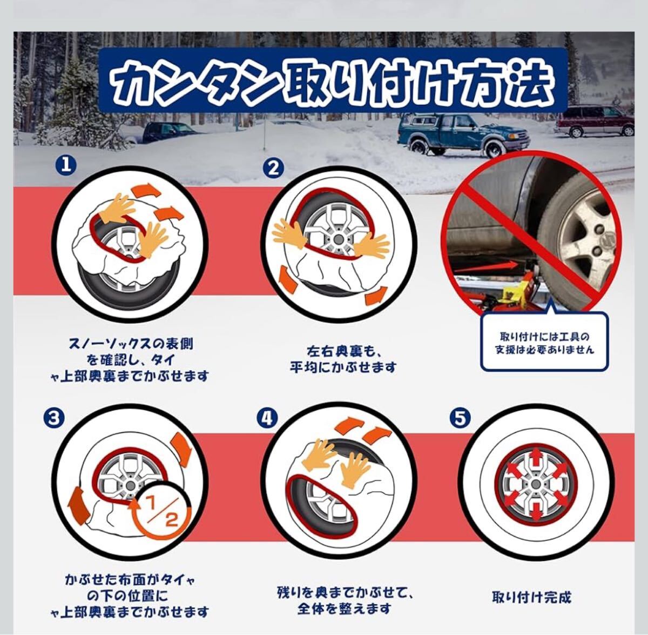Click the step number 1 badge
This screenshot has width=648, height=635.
point(67,166)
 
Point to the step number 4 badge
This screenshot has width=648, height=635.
point(267,419)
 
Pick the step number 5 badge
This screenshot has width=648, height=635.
point(460,419)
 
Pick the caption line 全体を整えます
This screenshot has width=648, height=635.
point(345,608)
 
